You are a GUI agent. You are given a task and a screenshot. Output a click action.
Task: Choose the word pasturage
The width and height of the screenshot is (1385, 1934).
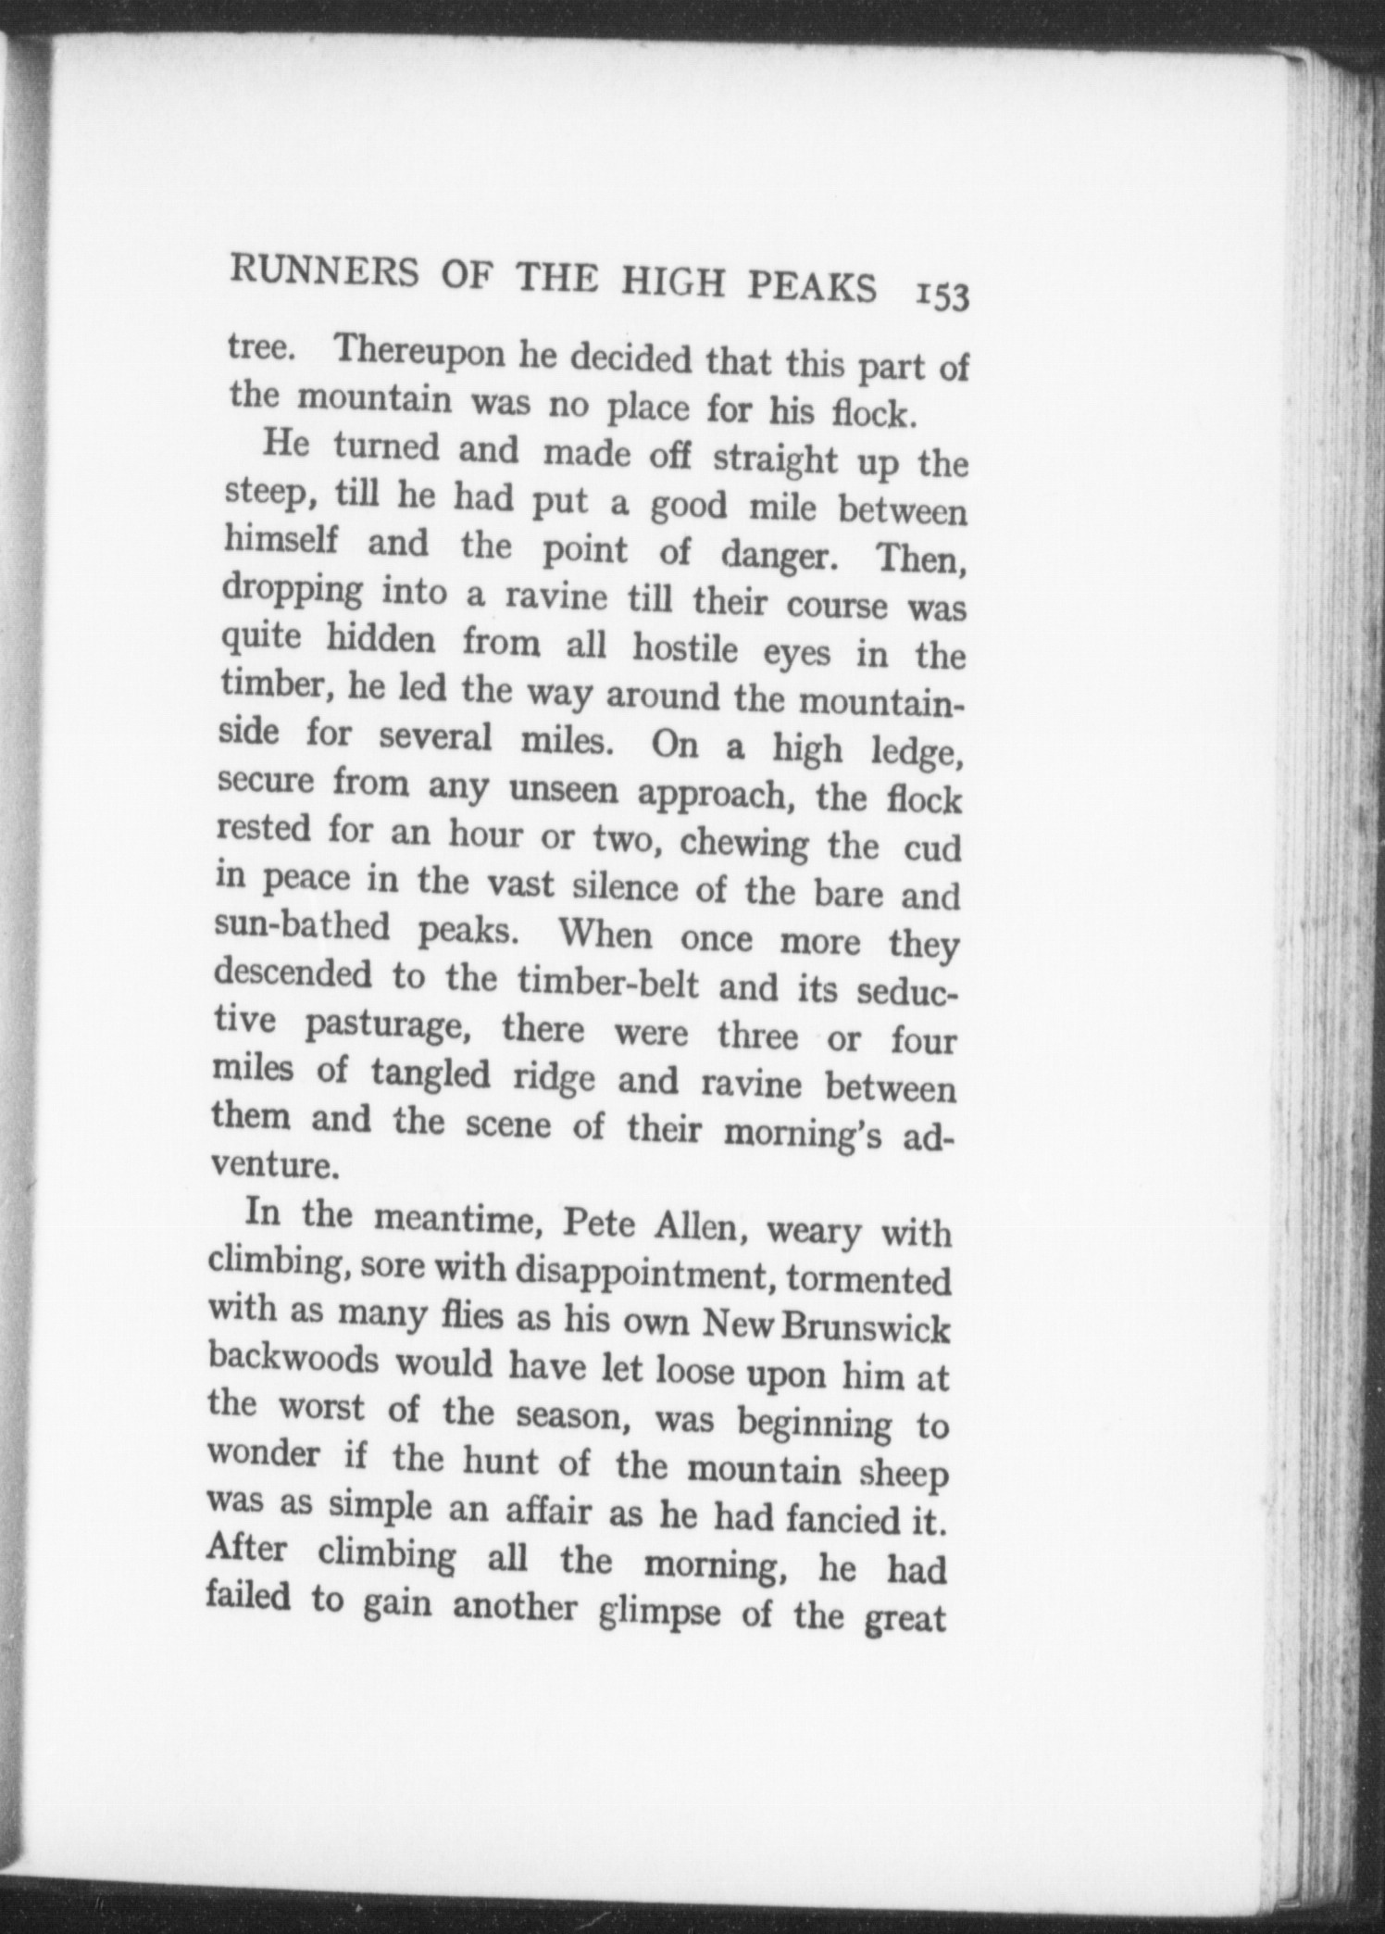[x=390, y=1026]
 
